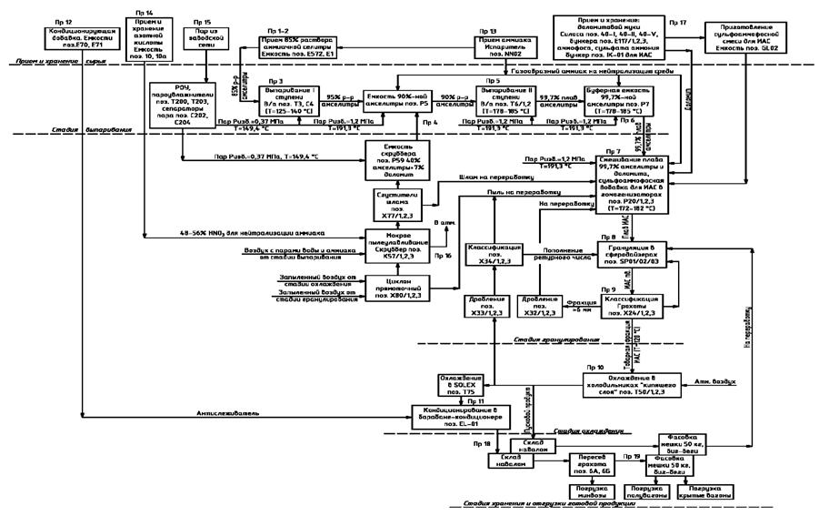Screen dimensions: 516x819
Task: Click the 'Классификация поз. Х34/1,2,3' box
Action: click(493, 252)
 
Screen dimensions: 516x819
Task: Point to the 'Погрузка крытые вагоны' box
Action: click(705, 488)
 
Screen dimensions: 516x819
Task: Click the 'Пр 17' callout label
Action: click(677, 19)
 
